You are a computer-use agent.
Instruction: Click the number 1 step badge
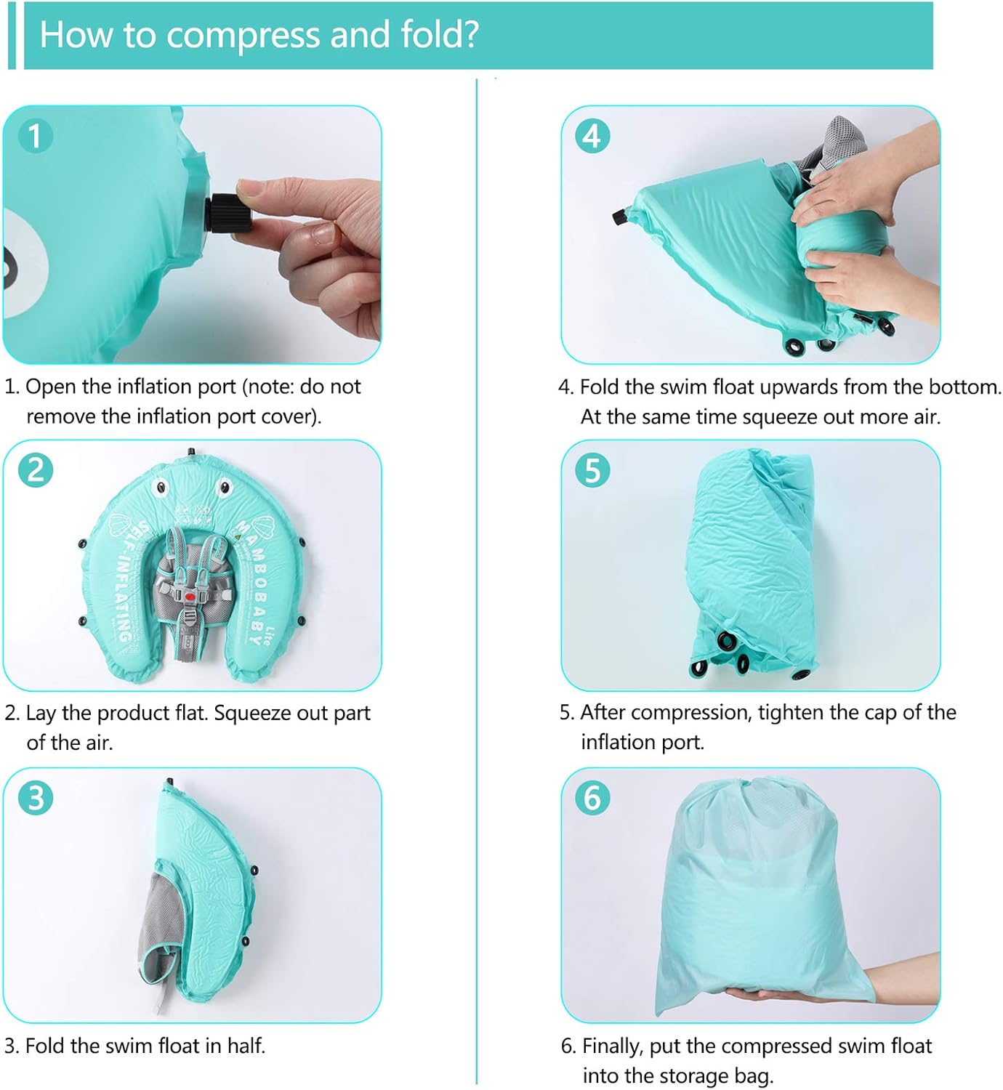pos(36,135)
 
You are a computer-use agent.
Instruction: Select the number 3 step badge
pos(36,798)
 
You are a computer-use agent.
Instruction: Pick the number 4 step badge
pos(592,135)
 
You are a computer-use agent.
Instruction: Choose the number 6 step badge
pos(592,798)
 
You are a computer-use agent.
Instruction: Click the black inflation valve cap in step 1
pos(228,213)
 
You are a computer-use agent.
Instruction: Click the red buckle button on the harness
pos(190,597)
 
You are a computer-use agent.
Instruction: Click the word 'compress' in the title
pos(243,36)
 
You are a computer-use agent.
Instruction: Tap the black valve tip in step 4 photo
pos(618,217)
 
